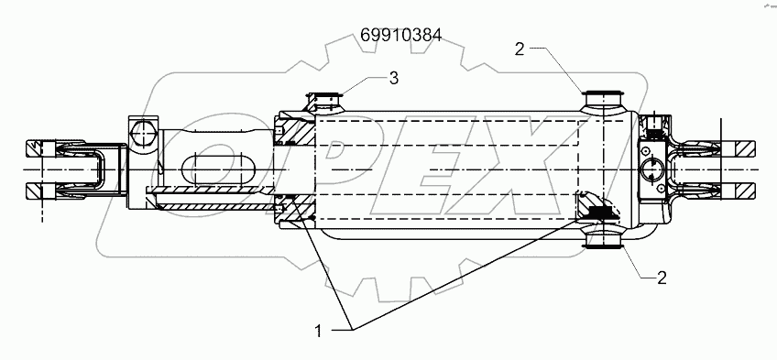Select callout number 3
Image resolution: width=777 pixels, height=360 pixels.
pos(393,79)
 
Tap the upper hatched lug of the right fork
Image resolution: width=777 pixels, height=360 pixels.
pos(740,147)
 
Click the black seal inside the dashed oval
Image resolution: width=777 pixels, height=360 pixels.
pos(597,213)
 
